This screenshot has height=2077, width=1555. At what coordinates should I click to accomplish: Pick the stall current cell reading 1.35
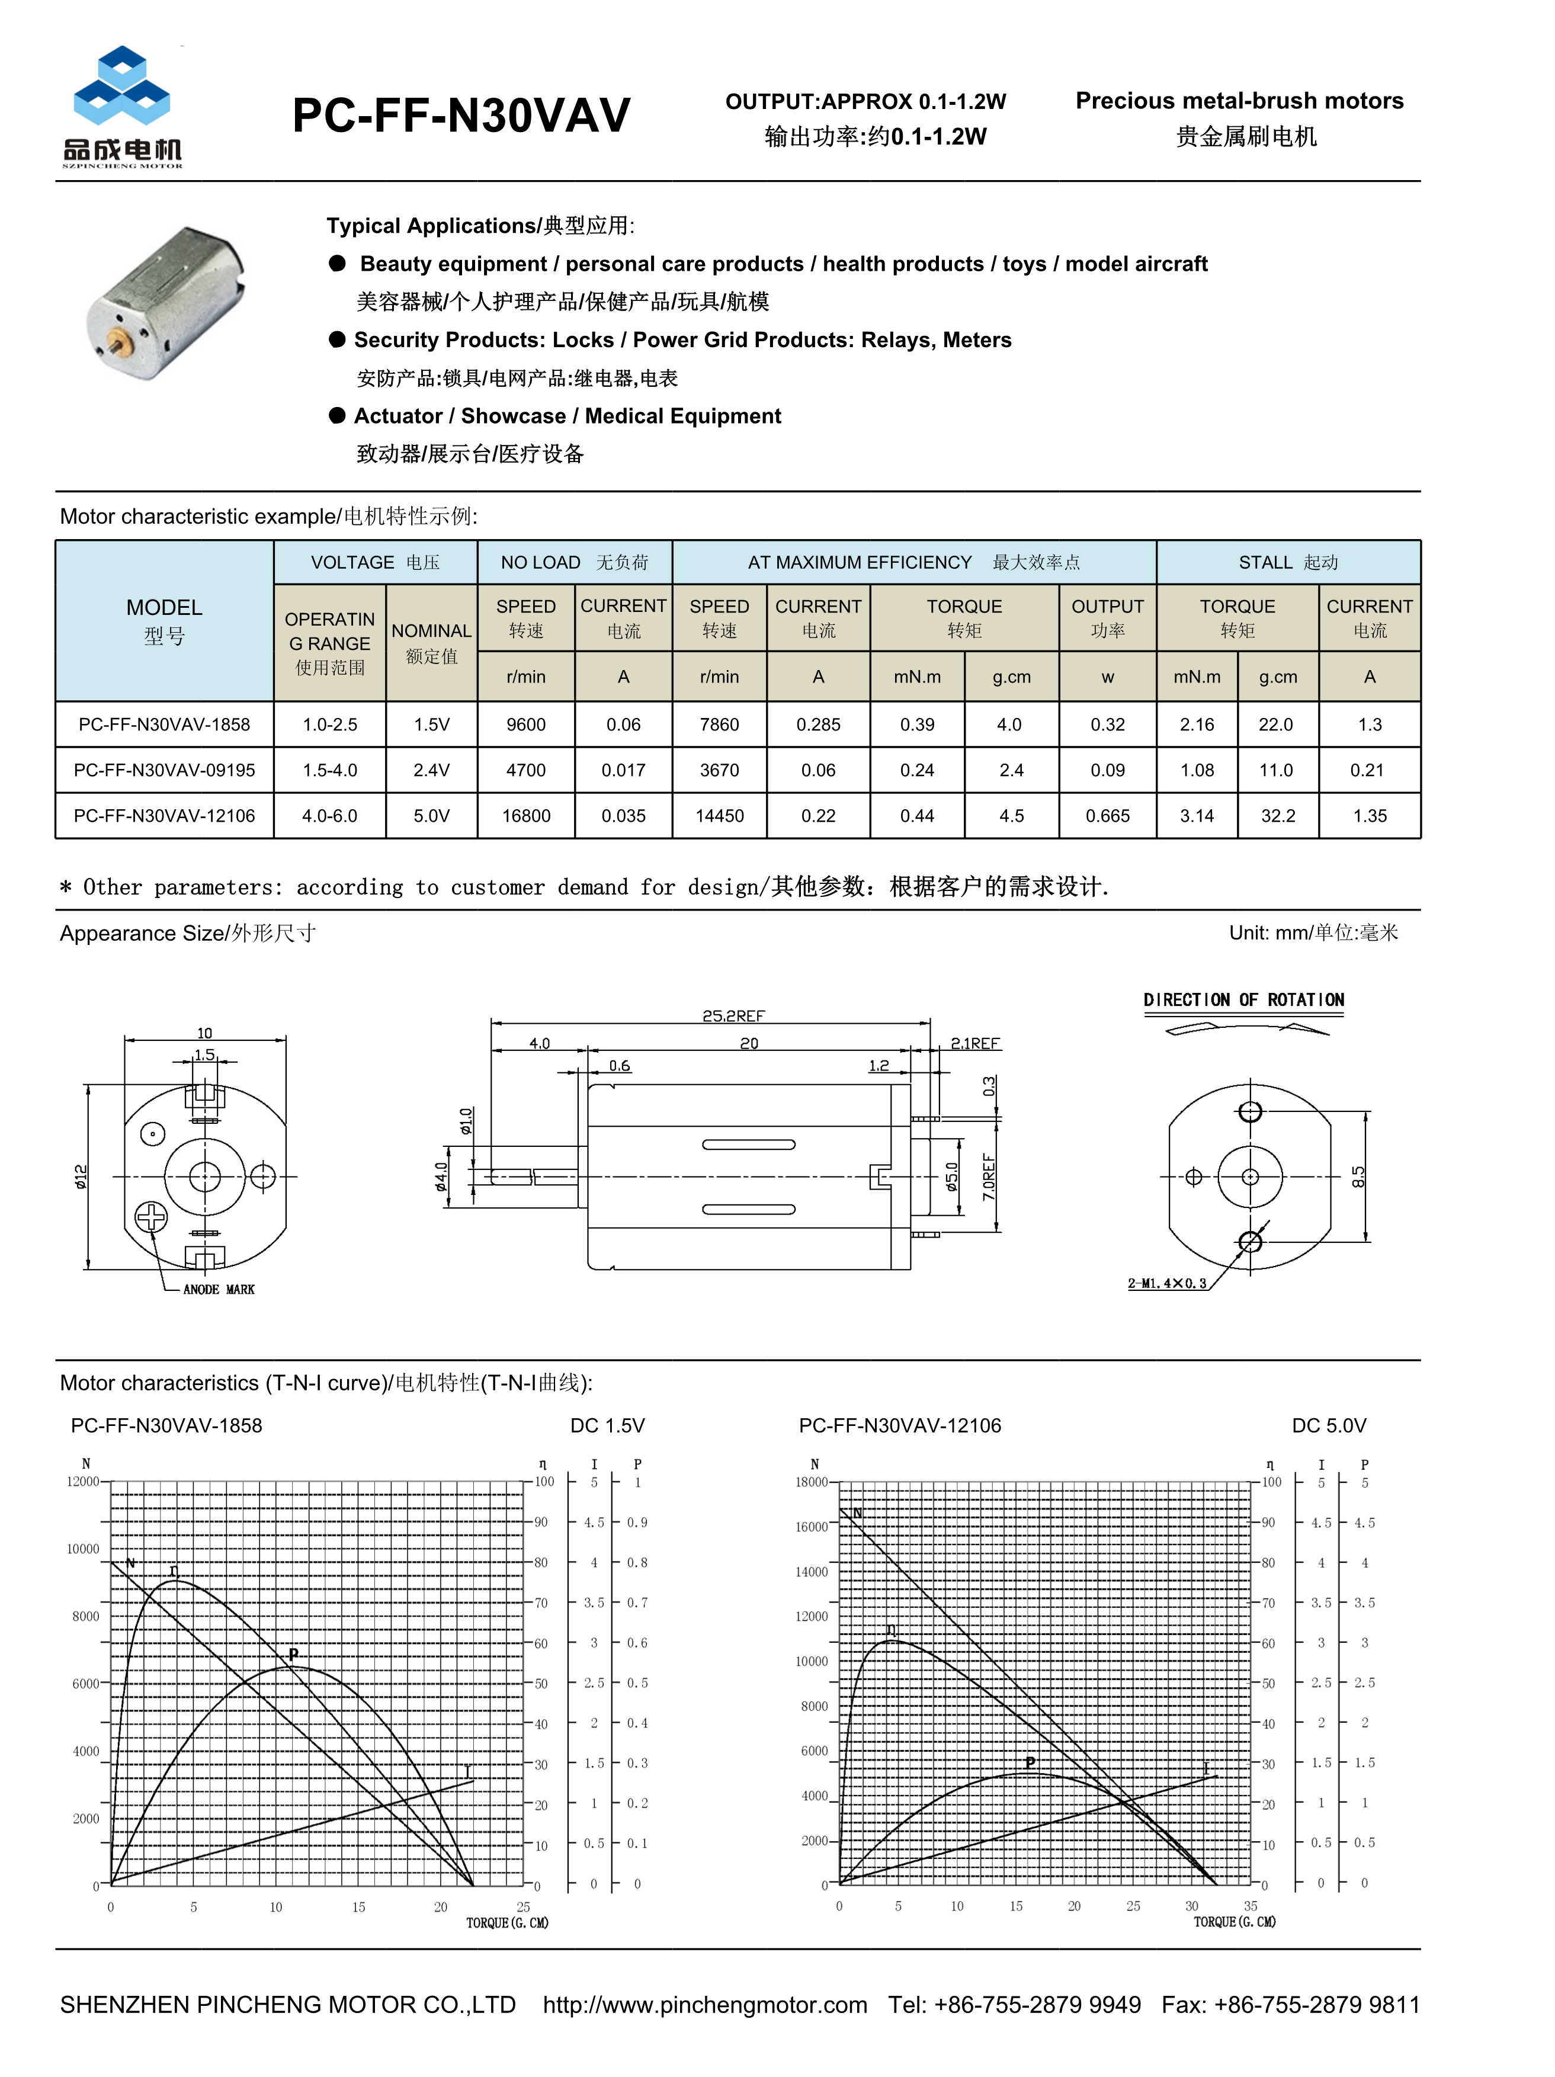click(x=1368, y=815)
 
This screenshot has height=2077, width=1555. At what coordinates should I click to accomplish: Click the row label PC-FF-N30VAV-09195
click(x=164, y=770)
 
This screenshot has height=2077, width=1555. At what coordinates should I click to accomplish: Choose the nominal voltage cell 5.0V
click(x=431, y=815)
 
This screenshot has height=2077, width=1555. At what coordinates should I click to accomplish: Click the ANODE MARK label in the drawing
click(x=218, y=1289)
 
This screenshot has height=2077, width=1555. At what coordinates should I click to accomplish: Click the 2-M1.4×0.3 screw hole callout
click(x=1166, y=1283)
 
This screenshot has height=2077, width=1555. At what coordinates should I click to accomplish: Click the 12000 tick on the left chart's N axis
click(x=82, y=1482)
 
